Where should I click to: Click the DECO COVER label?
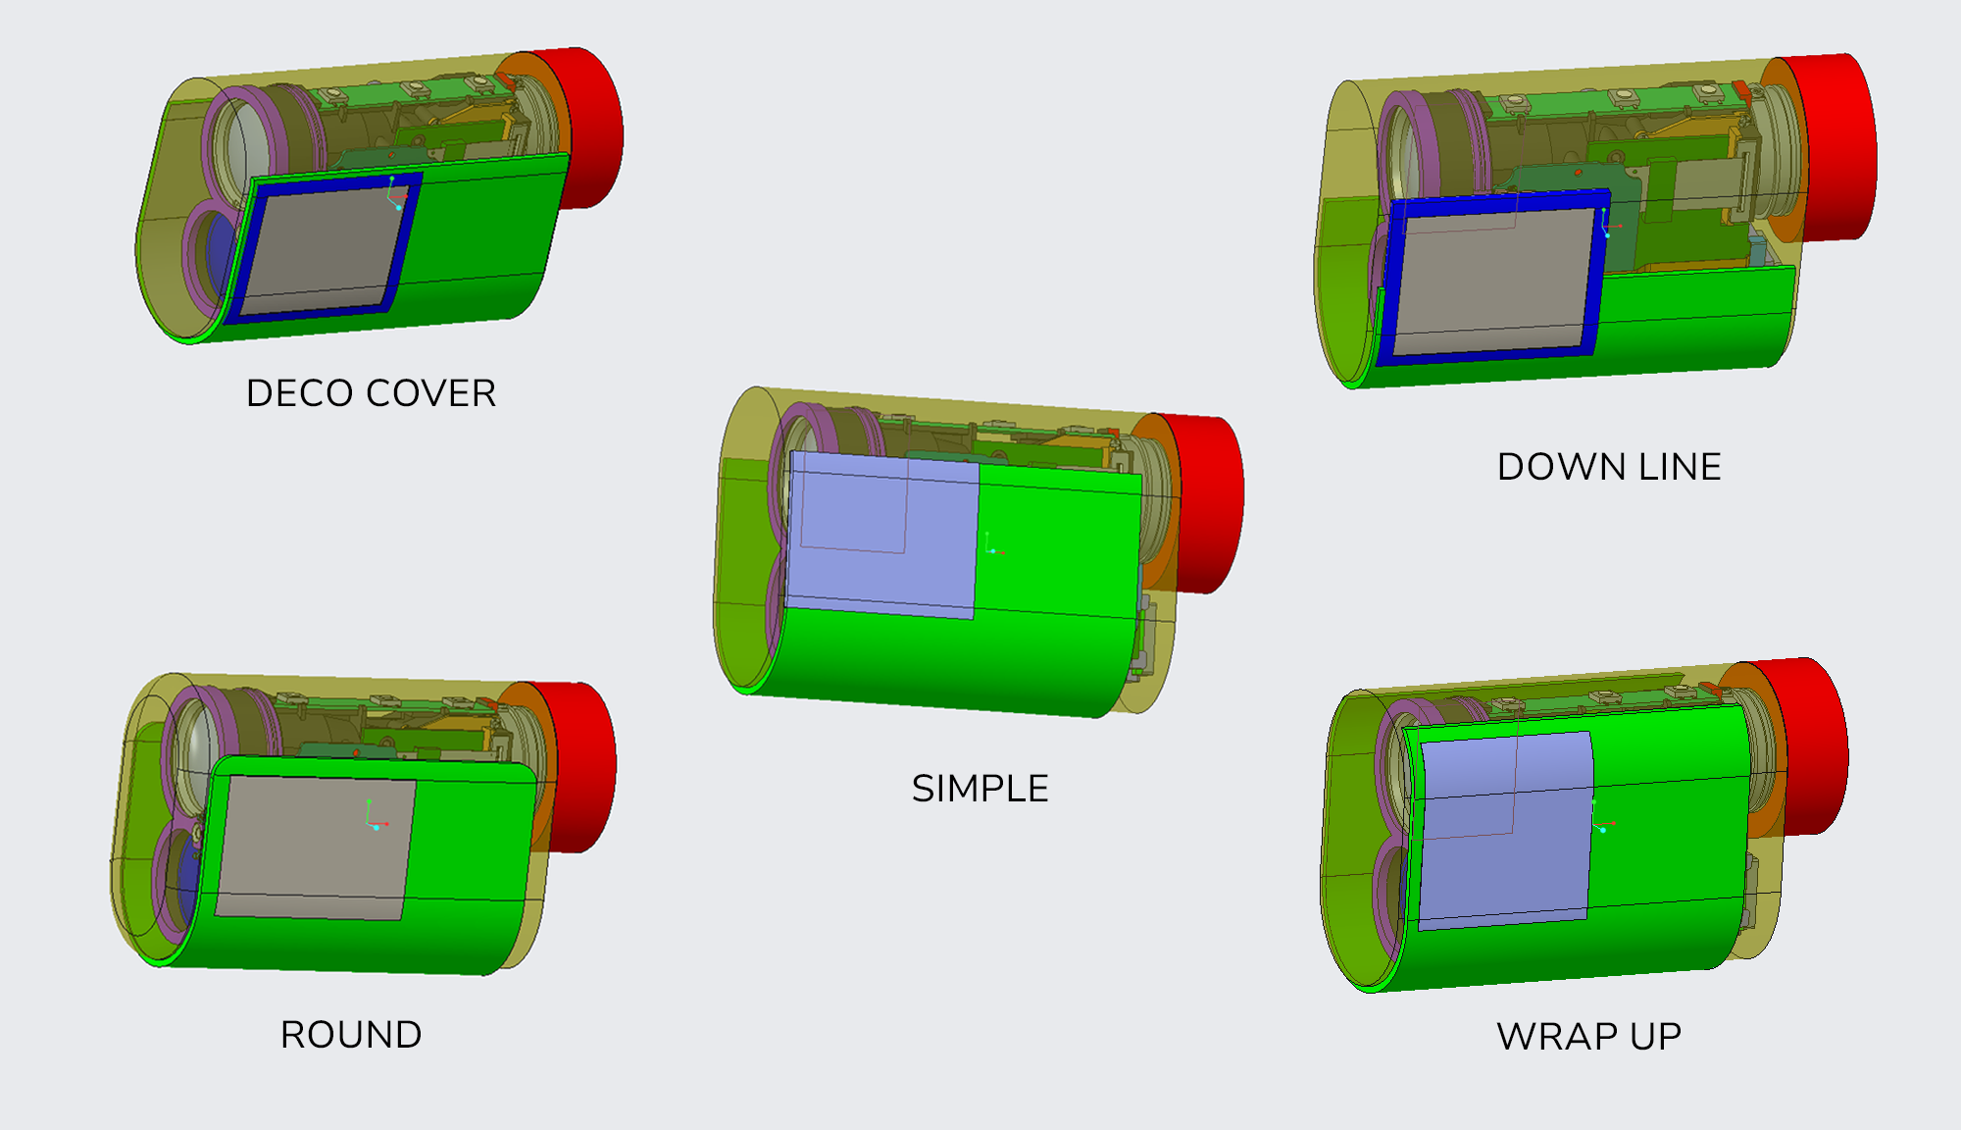coord(371,393)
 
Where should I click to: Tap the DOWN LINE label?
coord(1609,467)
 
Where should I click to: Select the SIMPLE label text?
coord(980,789)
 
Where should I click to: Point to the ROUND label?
coord(351,1035)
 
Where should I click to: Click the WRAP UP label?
coord(1588,1037)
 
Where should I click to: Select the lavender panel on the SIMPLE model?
coord(882,535)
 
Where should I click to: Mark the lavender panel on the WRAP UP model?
coord(1505,829)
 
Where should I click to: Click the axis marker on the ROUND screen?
coord(374,819)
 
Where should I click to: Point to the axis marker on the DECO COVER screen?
coord(396,196)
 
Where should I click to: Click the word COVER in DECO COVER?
coord(431,393)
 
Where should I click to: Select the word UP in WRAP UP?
coord(1655,1037)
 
